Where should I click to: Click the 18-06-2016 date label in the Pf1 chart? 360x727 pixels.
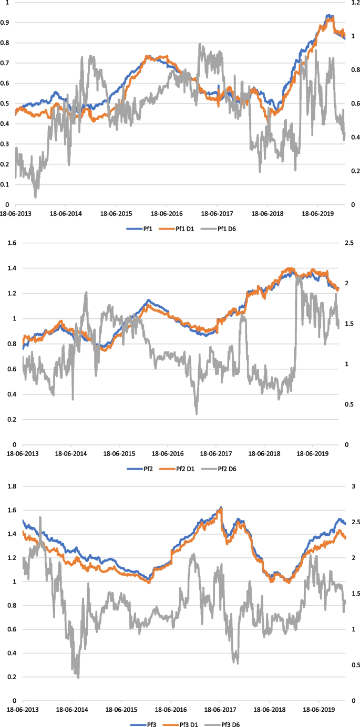click(x=166, y=214)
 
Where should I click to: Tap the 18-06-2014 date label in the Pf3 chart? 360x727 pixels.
click(x=71, y=710)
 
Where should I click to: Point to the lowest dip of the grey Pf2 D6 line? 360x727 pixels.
click(x=197, y=414)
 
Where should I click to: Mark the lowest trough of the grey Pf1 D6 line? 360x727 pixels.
click(x=36, y=197)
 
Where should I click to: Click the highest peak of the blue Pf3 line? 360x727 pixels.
click(x=221, y=507)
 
